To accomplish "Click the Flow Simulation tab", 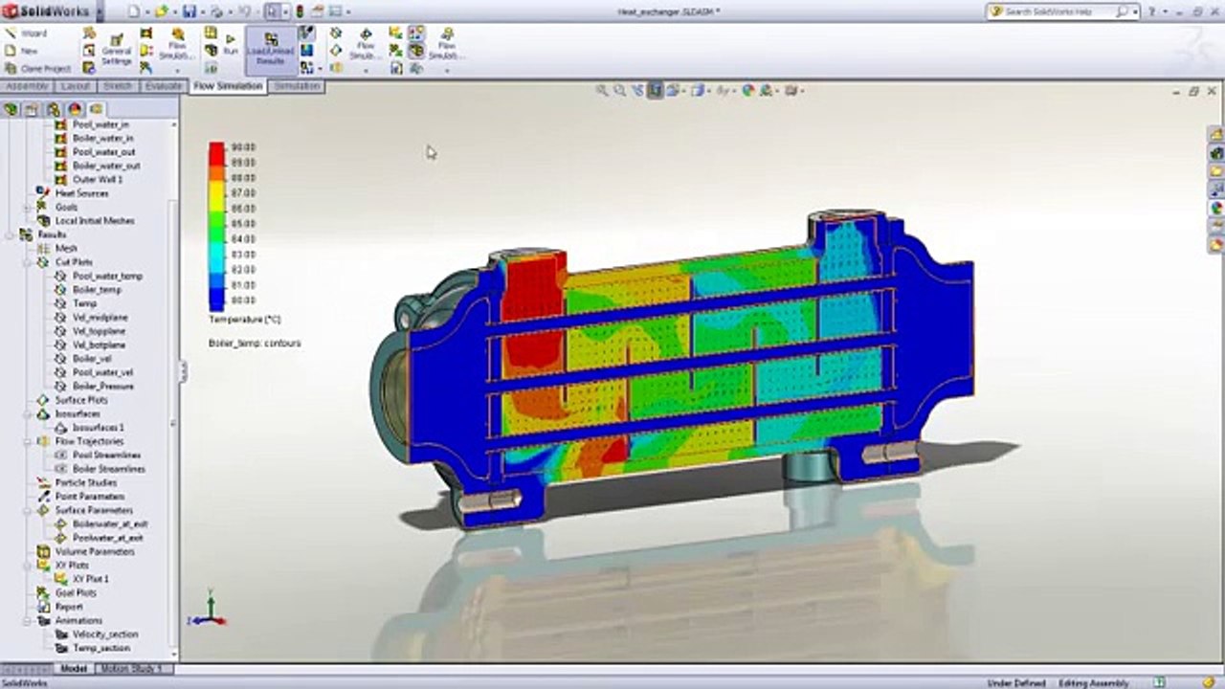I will pyautogui.click(x=228, y=86).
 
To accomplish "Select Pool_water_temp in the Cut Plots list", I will pyautogui.click(x=107, y=276).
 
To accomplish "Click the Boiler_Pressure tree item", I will pyautogui.click(x=103, y=387).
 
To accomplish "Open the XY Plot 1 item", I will pyautogui.click(x=91, y=579).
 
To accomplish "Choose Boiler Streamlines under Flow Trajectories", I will pyautogui.click(x=109, y=469).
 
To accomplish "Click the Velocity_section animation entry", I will pyautogui.click(x=105, y=634).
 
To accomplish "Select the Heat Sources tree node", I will pyautogui.click(x=81, y=193).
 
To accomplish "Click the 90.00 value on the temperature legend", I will pyautogui.click(x=243, y=147).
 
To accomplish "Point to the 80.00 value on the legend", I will pyautogui.click(x=243, y=300).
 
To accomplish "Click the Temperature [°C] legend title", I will pyautogui.click(x=244, y=320).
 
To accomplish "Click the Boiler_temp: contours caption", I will pyautogui.click(x=255, y=343).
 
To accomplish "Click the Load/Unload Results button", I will pyautogui.click(x=271, y=50).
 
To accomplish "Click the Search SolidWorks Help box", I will pyautogui.click(x=1058, y=11).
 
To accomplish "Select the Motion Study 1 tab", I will pyautogui.click(x=131, y=669).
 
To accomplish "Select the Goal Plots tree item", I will pyautogui.click(x=77, y=593).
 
